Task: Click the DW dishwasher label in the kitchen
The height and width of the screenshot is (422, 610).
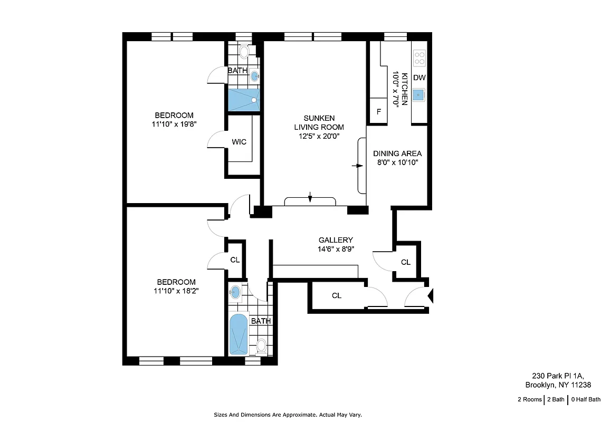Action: pyautogui.click(x=419, y=78)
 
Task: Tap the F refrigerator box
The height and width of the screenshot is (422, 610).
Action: pyautogui.click(x=378, y=111)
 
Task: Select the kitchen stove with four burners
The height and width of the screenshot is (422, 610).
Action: pyautogui.click(x=419, y=58)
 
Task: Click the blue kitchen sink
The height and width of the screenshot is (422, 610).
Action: pyautogui.click(x=419, y=95)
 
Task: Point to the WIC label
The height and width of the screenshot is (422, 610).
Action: pyautogui.click(x=239, y=142)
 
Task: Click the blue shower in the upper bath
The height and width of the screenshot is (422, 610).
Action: pyautogui.click(x=244, y=99)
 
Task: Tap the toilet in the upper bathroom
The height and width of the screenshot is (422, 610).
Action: pyautogui.click(x=244, y=52)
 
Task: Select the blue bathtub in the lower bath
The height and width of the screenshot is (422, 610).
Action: pyautogui.click(x=239, y=334)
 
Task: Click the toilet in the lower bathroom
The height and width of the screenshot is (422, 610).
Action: pyautogui.click(x=261, y=346)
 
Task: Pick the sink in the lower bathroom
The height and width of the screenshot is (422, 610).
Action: pyautogui.click(x=236, y=292)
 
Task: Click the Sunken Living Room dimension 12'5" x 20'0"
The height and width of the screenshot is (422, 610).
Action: pyautogui.click(x=319, y=136)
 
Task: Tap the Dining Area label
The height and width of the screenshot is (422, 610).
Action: pyautogui.click(x=397, y=154)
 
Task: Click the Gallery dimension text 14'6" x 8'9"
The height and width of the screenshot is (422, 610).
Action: pyautogui.click(x=336, y=250)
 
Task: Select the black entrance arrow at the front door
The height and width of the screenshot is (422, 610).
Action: pyautogui.click(x=430, y=296)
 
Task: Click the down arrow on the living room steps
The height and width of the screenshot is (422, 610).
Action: pyautogui.click(x=310, y=198)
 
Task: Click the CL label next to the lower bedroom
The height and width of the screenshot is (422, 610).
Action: pyautogui.click(x=235, y=260)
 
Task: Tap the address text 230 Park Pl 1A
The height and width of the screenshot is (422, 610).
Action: pyautogui.click(x=557, y=376)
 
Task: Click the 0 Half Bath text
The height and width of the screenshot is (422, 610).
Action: pyautogui.click(x=586, y=399)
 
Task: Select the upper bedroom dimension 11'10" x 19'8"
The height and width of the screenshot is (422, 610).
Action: pyautogui.click(x=174, y=124)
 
